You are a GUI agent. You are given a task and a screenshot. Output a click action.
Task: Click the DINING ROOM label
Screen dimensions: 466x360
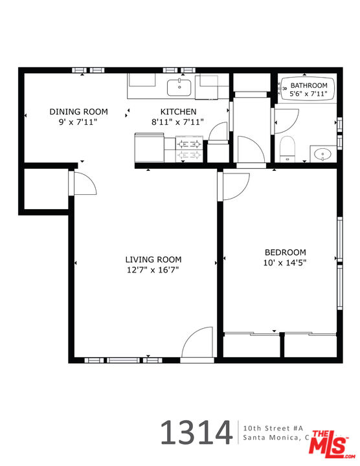(x=78, y=111)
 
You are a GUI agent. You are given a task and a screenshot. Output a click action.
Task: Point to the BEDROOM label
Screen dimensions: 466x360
(x=285, y=252)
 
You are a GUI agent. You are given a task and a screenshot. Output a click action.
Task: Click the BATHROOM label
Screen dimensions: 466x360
(x=309, y=85)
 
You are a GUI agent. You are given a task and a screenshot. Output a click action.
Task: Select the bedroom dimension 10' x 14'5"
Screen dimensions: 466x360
(x=285, y=263)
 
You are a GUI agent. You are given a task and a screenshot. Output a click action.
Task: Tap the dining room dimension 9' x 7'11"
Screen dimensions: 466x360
(x=78, y=121)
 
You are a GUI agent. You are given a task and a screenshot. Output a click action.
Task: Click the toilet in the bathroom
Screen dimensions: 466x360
(x=287, y=149)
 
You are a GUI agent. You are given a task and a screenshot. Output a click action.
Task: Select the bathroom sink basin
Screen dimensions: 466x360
(x=321, y=154)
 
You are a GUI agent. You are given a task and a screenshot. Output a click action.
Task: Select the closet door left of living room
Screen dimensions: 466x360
(x=84, y=183)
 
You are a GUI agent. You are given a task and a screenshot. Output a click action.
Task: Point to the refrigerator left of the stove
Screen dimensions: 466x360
(x=149, y=148)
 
